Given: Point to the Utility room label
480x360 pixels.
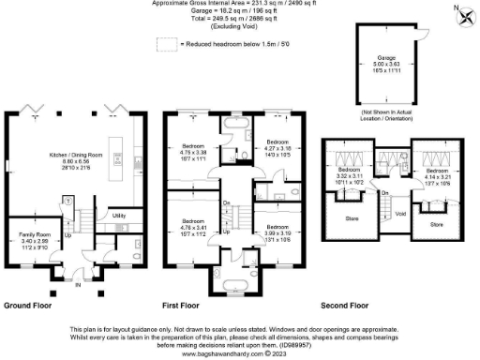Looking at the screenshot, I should (118, 216).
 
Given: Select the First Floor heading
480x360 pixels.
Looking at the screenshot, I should (184, 306).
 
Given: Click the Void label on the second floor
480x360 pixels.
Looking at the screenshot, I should (401, 215).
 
